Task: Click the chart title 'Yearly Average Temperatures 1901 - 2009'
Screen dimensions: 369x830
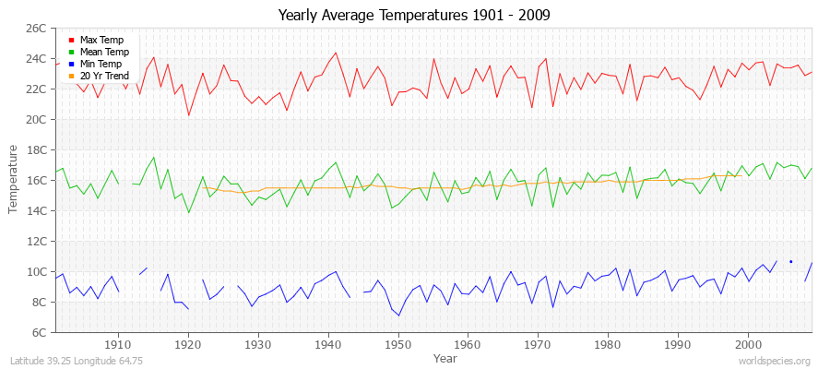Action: tap(414, 16)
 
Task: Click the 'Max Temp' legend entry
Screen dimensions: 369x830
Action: tap(101, 41)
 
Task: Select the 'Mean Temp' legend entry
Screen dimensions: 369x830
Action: tap(103, 53)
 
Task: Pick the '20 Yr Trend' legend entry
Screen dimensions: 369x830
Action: tap(105, 77)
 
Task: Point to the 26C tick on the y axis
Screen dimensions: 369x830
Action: tap(35, 29)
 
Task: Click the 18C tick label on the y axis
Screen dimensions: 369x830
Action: tap(35, 149)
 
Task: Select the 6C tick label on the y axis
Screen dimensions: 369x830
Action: tap(38, 332)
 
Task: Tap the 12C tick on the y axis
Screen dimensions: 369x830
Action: tap(35, 241)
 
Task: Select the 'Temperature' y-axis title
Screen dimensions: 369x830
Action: tap(14, 180)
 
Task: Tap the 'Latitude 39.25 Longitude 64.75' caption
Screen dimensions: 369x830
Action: tap(77, 361)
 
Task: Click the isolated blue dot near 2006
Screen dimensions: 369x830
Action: tap(790, 262)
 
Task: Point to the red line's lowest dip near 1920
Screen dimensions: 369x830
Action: tap(188, 115)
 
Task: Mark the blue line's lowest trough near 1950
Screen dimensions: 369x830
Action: tap(398, 315)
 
